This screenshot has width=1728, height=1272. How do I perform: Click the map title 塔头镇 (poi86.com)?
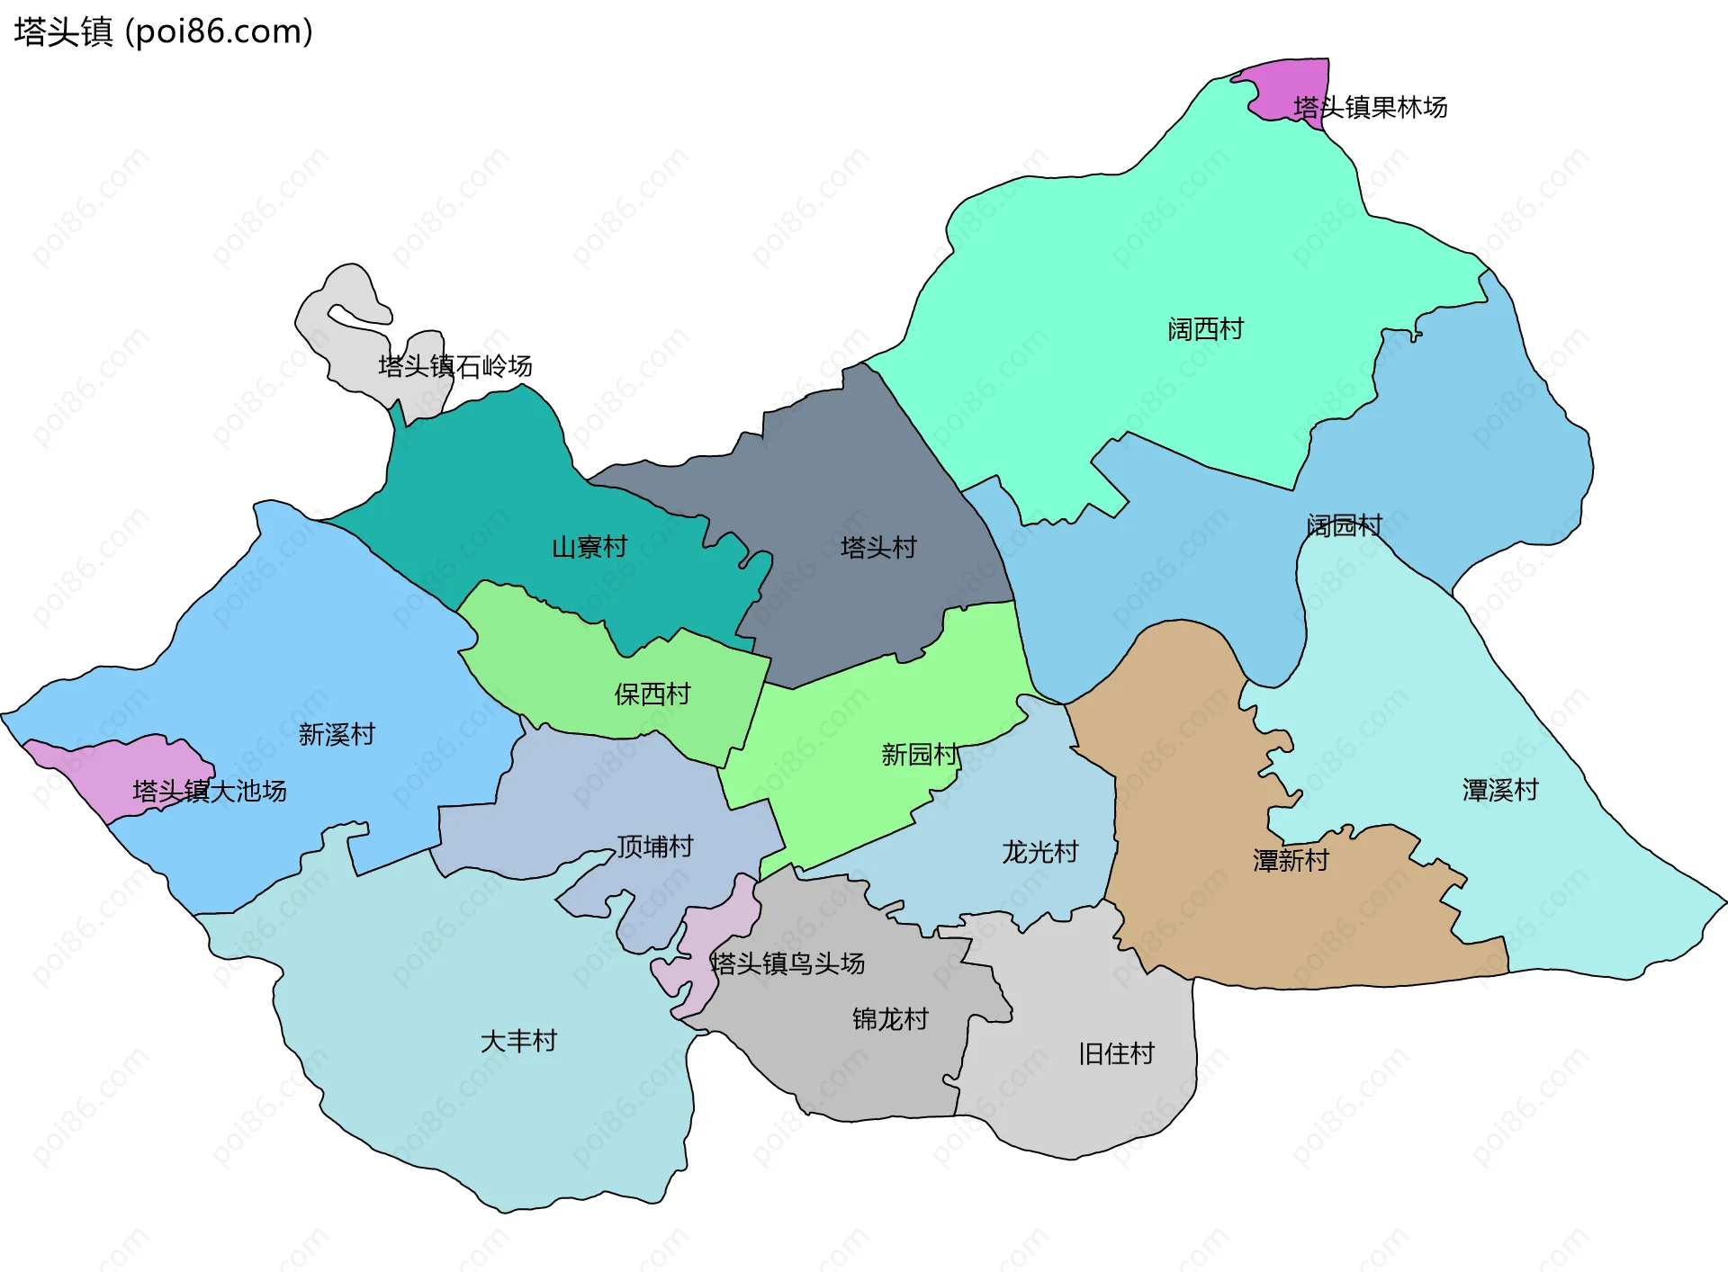point(163,31)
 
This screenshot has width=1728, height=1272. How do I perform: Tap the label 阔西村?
point(1205,329)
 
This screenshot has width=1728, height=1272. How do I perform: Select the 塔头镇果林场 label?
point(1370,107)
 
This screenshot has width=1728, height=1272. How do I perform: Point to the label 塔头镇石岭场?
point(454,366)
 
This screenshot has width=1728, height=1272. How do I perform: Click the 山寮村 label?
point(589,547)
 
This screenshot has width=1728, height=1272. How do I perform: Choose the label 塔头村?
point(877,547)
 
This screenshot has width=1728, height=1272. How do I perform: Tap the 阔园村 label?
point(1344,525)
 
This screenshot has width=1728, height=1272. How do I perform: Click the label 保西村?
point(652,694)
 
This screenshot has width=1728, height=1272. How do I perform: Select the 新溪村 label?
point(336,734)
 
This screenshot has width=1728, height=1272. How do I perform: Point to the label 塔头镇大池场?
point(209,791)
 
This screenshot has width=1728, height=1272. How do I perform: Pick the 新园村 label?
point(919,754)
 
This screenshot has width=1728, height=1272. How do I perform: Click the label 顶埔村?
point(654,846)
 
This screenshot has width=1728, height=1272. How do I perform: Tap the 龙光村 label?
point(1039,851)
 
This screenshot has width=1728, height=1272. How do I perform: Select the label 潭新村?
point(1290,860)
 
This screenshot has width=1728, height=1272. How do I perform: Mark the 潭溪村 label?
point(1499,790)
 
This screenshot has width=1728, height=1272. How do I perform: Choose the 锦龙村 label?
point(889,1018)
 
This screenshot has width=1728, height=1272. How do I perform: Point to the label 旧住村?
point(1116,1053)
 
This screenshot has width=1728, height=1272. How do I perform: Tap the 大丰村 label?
point(518,1041)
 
